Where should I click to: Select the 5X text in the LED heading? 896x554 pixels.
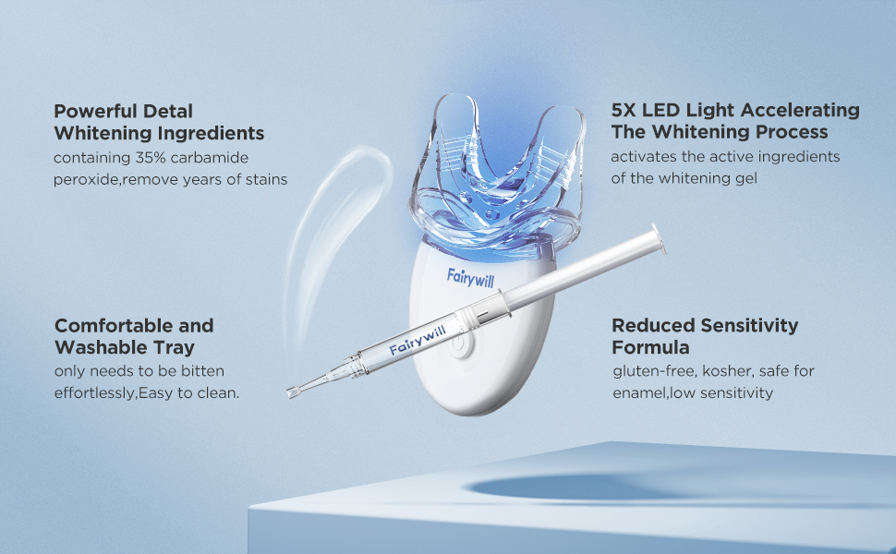[625, 111]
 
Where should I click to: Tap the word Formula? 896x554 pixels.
[650, 348]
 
